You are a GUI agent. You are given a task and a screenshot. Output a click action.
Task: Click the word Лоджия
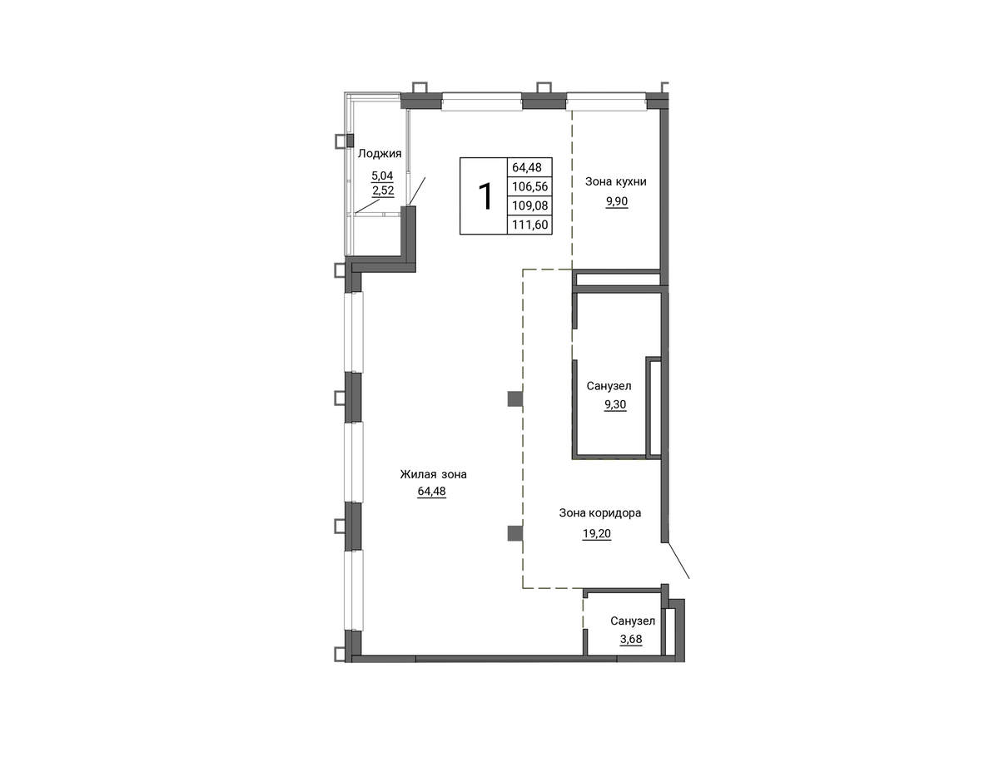point(380,154)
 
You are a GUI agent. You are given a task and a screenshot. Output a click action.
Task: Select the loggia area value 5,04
point(382,175)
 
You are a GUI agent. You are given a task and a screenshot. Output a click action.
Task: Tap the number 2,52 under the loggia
point(383,191)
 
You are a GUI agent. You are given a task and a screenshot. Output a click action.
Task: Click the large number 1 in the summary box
point(485,196)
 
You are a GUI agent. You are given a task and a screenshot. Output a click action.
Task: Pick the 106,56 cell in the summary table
point(529,186)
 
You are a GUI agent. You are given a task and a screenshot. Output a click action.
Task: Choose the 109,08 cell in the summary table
point(529,205)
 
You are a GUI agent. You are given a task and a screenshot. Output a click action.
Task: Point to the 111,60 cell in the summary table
point(529,225)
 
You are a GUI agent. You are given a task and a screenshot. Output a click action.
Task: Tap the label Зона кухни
point(615,182)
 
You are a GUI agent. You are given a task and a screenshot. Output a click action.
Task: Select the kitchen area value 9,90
point(617,201)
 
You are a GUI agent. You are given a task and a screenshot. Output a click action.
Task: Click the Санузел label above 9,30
point(609,386)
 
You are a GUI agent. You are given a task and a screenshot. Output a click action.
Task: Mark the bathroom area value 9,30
point(615,404)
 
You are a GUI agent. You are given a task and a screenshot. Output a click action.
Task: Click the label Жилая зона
point(433,474)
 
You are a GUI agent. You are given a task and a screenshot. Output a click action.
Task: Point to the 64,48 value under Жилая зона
point(432,492)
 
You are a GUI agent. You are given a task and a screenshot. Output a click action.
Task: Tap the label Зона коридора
point(600,513)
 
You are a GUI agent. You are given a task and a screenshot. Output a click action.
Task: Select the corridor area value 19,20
point(597,534)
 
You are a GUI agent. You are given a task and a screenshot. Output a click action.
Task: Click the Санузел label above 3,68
point(633,621)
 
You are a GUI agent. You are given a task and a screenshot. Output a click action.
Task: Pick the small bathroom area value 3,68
point(631,640)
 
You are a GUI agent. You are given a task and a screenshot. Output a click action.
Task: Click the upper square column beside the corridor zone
point(514,398)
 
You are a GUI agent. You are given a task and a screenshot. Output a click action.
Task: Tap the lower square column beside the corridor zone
point(514,533)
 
